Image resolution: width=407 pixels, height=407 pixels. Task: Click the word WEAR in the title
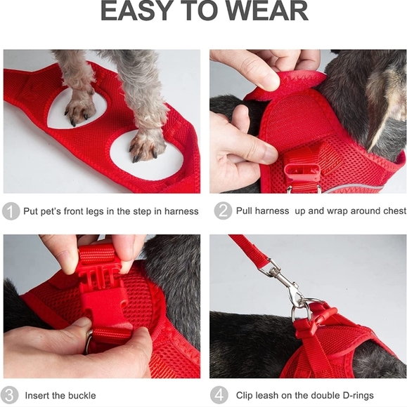click(x=266, y=13)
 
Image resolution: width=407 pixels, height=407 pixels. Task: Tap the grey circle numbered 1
click(x=11, y=211)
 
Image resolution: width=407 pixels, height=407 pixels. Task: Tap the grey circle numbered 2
click(x=223, y=211)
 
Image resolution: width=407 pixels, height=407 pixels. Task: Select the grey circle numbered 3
click(x=11, y=395)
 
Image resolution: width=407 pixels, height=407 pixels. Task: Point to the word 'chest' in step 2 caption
click(x=392, y=211)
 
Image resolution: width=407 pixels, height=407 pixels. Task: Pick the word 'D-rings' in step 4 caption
click(x=357, y=395)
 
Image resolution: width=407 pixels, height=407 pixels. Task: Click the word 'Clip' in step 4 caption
click(x=247, y=395)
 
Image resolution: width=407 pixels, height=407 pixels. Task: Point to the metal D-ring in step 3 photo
click(x=90, y=342)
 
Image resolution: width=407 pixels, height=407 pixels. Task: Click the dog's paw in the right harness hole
click(x=146, y=142)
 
